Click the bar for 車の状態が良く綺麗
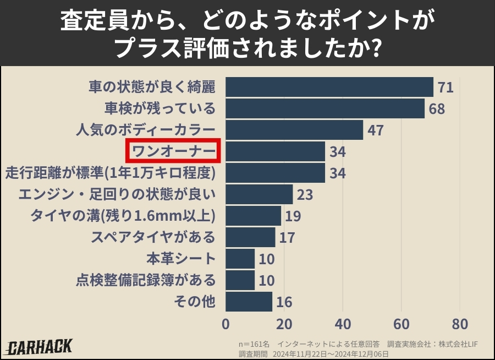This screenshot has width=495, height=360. (329, 87)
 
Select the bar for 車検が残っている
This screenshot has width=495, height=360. (325, 108)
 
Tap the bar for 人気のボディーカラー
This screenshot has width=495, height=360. (294, 130)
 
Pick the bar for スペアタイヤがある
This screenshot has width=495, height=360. (250, 237)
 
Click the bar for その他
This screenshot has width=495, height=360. (249, 302)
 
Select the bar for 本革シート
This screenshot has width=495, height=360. (240, 259)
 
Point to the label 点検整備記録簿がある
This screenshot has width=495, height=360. (145, 280)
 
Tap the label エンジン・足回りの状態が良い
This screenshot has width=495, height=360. (117, 194)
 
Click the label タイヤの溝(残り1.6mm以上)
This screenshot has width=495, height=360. (122, 216)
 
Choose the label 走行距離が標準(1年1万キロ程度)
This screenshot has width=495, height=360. (110, 173)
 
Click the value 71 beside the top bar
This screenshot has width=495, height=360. (446, 88)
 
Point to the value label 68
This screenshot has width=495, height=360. (437, 109)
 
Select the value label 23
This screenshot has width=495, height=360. (305, 195)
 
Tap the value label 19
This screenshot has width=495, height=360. (293, 216)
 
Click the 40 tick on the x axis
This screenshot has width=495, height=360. (343, 323)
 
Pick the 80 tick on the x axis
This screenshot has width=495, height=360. (460, 323)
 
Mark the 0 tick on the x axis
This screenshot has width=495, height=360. (226, 323)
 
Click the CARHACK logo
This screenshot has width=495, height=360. (40, 347)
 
